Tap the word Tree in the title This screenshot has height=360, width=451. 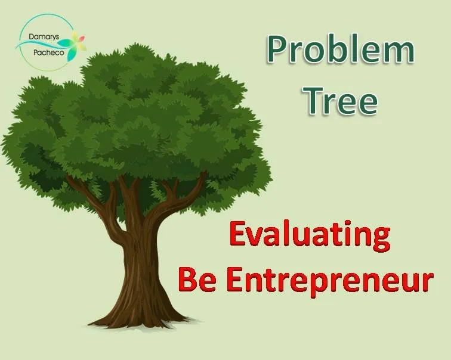pos(341,100)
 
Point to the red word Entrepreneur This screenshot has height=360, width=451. pos(330,281)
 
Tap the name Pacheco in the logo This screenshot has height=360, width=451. pos(48,52)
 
